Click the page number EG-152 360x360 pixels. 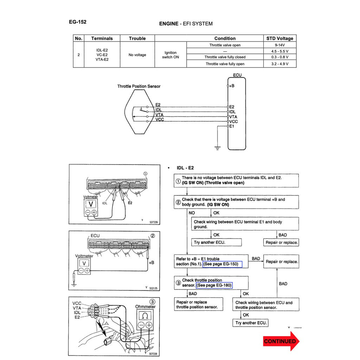click(x=78, y=22)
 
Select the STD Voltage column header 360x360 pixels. click(x=280, y=38)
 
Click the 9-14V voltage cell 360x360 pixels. click(x=280, y=45)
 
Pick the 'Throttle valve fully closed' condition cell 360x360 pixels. click(x=225, y=57)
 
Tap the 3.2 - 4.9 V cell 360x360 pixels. click(x=280, y=64)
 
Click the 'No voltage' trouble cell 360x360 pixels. click(x=137, y=55)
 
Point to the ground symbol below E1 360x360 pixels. click(x=218, y=148)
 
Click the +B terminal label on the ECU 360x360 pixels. click(x=232, y=86)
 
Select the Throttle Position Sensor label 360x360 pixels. click(x=139, y=86)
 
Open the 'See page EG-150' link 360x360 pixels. click(x=223, y=264)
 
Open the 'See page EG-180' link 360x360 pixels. click(x=214, y=285)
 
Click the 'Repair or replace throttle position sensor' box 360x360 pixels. click(x=199, y=304)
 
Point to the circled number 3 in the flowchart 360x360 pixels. click(x=178, y=283)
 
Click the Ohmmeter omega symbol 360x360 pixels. click(x=145, y=316)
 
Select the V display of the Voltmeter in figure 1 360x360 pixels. click(x=91, y=204)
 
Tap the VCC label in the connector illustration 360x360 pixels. click(x=77, y=303)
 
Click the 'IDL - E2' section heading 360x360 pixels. click(x=185, y=168)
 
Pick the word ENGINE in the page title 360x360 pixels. click(x=169, y=24)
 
